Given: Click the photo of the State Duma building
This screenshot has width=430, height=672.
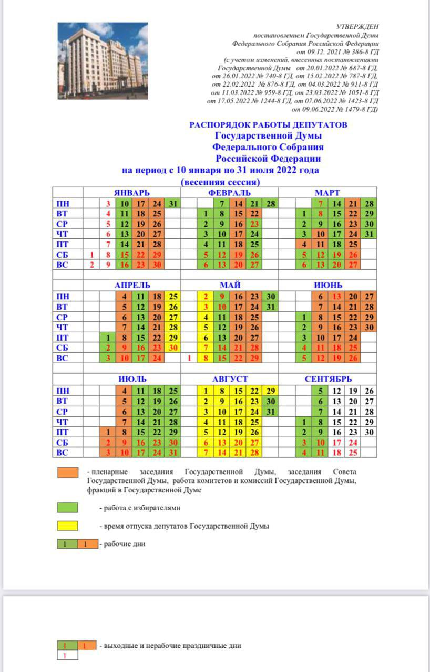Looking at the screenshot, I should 103,61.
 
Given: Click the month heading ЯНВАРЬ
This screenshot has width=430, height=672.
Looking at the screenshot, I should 132,193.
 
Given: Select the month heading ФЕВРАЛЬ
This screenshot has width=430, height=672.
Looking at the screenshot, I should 229,193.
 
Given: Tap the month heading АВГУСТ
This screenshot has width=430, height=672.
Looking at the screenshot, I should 230,379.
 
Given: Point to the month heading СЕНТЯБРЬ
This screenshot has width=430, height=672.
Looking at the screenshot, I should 328,379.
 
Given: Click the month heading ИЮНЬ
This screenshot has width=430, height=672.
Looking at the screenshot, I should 328,285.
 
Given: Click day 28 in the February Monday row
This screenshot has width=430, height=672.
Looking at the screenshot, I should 270,204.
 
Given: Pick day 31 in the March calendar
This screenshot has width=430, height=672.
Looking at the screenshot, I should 369,234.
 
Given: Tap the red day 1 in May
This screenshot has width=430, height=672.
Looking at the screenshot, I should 189,358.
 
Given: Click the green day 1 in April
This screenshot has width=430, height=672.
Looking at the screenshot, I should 108,337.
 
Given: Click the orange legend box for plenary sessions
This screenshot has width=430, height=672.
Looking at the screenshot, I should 67,472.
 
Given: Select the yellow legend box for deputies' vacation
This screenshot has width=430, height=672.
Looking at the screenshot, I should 67,526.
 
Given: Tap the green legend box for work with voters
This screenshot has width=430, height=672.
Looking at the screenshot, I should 67,508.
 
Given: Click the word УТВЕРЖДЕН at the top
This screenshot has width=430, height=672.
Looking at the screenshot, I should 357,27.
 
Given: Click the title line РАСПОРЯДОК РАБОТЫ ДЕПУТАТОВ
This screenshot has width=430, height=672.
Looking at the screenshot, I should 268,125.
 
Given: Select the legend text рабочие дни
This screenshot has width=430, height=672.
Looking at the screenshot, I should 124,544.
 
